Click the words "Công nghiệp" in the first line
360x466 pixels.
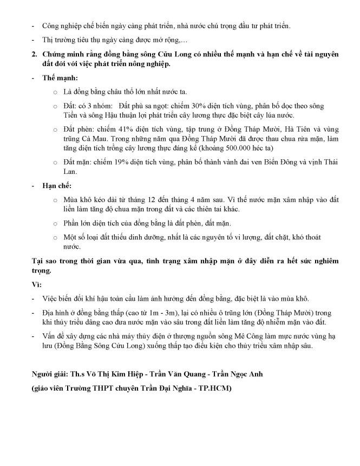click(61, 25)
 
